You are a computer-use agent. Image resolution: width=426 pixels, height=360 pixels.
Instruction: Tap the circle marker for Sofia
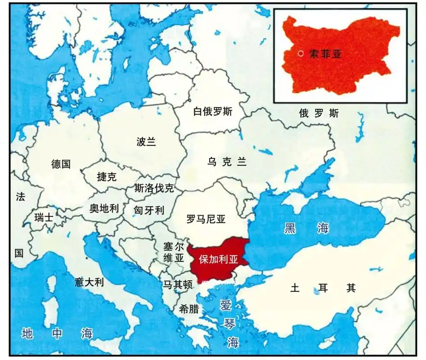click(x=301, y=54)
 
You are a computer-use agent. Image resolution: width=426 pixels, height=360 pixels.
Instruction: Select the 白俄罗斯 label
click(x=213, y=112)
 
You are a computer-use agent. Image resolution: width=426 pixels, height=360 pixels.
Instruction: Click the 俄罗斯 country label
click(x=319, y=113)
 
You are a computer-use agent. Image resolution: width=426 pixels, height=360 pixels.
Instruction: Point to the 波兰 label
click(x=146, y=142)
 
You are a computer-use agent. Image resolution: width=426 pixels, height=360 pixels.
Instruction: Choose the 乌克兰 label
click(x=227, y=162)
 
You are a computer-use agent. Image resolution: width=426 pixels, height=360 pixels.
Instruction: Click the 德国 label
click(x=61, y=164)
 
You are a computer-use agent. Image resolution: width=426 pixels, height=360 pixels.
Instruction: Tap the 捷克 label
click(x=107, y=177)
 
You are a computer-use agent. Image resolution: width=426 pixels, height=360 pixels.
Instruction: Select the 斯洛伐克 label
click(x=154, y=188)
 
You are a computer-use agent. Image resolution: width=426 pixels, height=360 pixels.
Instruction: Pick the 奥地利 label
click(x=104, y=208)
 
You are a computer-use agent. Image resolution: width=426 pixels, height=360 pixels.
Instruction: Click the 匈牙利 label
click(x=149, y=210)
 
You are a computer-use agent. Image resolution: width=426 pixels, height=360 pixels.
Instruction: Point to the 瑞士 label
click(x=44, y=218)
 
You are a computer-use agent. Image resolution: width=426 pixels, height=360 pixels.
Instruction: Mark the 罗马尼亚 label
click(x=206, y=219)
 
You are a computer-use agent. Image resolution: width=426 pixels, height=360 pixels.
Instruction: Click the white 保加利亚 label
click(x=218, y=260)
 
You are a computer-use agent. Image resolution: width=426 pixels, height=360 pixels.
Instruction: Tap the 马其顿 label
click(x=178, y=284)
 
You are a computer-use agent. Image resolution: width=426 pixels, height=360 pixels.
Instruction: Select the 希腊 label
click(x=189, y=309)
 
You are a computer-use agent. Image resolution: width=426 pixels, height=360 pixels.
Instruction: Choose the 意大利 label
click(x=89, y=283)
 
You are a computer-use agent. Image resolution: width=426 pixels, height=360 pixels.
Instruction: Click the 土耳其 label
click(x=323, y=288)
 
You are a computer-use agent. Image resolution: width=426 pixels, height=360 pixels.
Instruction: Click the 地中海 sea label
click(x=57, y=333)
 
